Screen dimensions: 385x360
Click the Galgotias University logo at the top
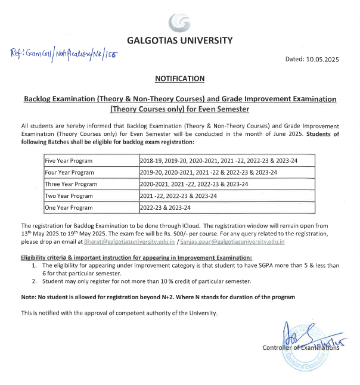[179, 22]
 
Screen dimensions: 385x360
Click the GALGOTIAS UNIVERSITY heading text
[179, 41]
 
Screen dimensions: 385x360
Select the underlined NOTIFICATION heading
[179, 79]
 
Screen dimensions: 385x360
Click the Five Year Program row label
[69, 161]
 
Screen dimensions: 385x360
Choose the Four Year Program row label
[69, 172]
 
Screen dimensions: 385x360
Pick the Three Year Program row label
[70, 184]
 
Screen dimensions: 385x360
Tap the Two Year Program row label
[69, 195]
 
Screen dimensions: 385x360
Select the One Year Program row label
[69, 207]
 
